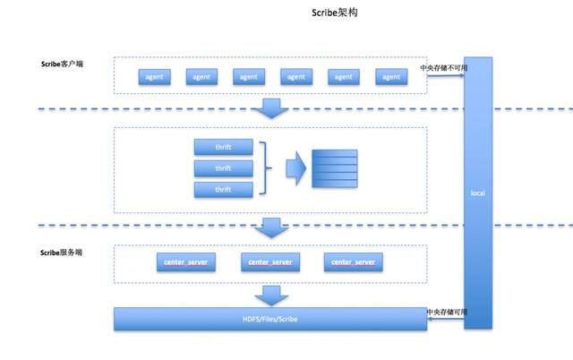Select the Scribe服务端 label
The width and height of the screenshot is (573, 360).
tap(62, 253)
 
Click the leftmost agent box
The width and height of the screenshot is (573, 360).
tap(153, 77)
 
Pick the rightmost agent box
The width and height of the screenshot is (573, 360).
tap(391, 77)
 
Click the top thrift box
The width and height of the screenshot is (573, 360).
tap(223, 146)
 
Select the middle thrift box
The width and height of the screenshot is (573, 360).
tap(223, 167)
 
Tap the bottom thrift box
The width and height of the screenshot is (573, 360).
tap(223, 189)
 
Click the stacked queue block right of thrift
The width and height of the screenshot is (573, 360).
tap(334, 168)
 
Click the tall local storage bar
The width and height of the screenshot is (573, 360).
tap(477, 193)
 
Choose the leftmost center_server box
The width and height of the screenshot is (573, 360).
tap(186, 261)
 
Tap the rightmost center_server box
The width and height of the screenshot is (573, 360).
tap(353, 261)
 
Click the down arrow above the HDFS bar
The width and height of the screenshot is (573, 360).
tap(269, 295)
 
